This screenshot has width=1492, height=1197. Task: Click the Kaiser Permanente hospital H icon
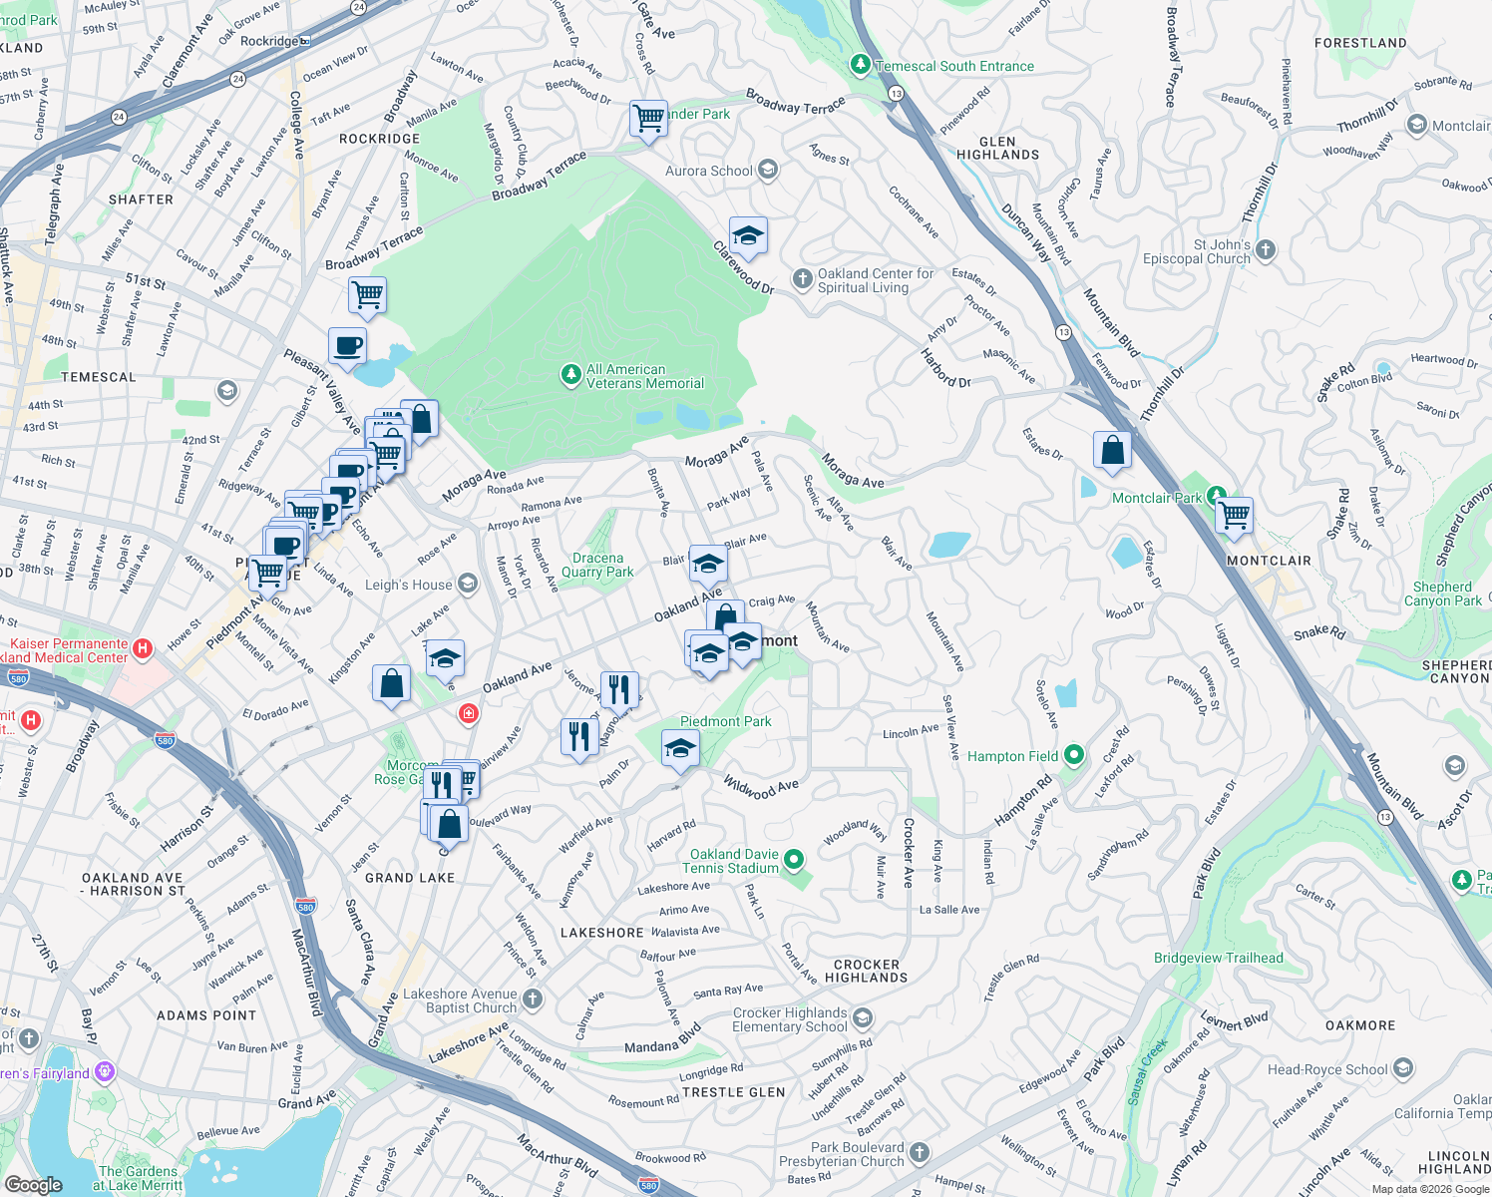click(143, 649)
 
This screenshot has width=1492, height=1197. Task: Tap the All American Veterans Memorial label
click(644, 376)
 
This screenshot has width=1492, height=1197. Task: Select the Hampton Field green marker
click(1074, 755)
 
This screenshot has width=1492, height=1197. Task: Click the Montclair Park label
click(1157, 498)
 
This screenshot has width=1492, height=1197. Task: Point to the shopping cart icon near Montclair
click(1234, 516)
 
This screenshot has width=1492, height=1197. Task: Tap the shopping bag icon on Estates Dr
click(1112, 450)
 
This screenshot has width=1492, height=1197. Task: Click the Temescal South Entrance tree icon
click(860, 65)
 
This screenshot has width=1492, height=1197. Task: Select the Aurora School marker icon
click(768, 170)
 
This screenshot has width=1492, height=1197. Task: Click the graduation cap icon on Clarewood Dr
click(748, 236)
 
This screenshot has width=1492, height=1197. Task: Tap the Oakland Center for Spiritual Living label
click(875, 280)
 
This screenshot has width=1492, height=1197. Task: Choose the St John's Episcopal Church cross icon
click(1266, 249)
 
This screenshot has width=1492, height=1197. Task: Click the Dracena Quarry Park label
click(597, 566)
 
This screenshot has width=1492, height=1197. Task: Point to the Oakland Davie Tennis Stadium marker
click(794, 858)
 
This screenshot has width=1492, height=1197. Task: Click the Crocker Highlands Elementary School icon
click(863, 1017)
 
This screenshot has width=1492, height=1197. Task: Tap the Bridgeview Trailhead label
click(1218, 958)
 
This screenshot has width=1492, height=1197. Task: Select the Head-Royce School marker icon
click(1403, 1069)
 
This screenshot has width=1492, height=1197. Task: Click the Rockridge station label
click(269, 41)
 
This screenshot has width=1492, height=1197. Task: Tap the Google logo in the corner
click(34, 1184)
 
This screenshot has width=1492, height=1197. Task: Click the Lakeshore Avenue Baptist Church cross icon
click(534, 998)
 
